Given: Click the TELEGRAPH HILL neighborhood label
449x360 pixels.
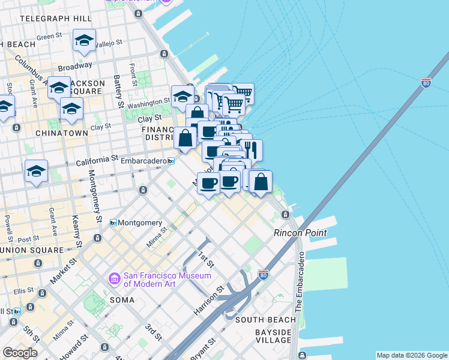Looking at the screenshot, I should click(55, 19).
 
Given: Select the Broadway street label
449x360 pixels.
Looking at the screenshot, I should click(75, 65).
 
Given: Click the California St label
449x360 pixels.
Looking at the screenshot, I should click(97, 160).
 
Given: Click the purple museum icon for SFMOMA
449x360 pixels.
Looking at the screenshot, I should click(114, 279).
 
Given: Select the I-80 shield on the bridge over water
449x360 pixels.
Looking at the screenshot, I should click(426, 83).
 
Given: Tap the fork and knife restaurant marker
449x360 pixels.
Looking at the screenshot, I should click(251, 150).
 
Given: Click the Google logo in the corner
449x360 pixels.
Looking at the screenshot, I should click(19, 353).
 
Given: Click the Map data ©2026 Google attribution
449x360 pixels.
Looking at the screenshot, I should click(411, 355).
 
